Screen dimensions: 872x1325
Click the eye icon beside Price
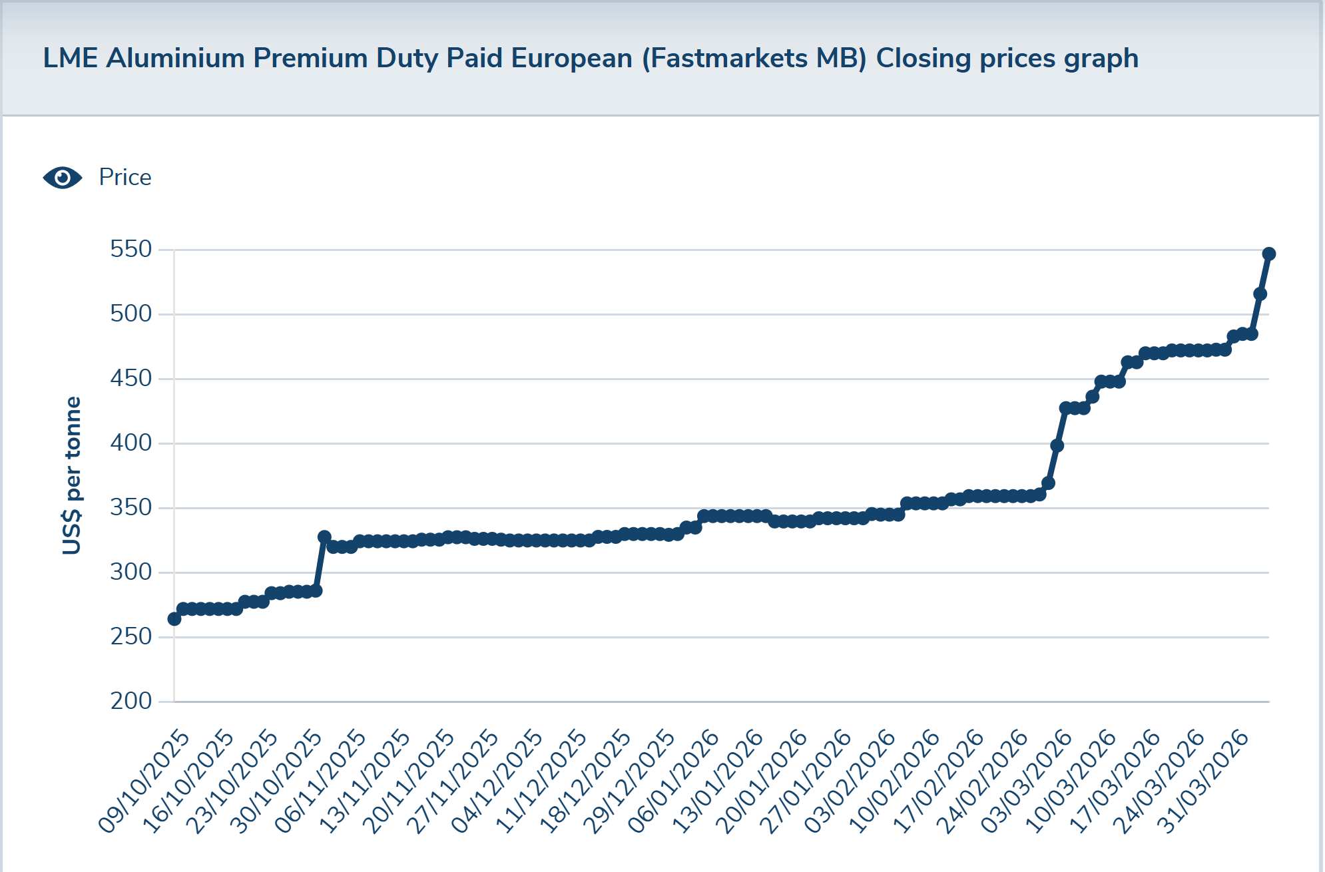click(x=63, y=178)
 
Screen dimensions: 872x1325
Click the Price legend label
click(x=125, y=178)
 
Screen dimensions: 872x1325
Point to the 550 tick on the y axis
click(x=131, y=250)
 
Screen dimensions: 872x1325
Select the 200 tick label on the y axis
click(x=131, y=701)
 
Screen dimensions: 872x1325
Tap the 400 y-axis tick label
click(x=131, y=443)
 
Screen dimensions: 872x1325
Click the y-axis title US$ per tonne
click(x=72, y=475)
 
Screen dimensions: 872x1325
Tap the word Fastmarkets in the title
click(x=729, y=59)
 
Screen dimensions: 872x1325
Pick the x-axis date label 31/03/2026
click(x=1203, y=781)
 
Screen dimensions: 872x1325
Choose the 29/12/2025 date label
click(x=630, y=781)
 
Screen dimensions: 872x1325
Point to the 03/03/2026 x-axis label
click(x=1027, y=781)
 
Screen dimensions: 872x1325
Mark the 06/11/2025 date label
click(x=321, y=781)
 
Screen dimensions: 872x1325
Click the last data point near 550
click(x=1268, y=254)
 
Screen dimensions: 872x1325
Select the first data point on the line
click(x=174, y=619)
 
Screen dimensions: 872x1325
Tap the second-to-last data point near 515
click(x=1260, y=294)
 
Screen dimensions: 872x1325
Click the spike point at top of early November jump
click(x=324, y=537)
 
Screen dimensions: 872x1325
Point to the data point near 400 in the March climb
click(x=1057, y=445)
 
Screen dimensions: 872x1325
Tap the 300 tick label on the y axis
click(x=131, y=572)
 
